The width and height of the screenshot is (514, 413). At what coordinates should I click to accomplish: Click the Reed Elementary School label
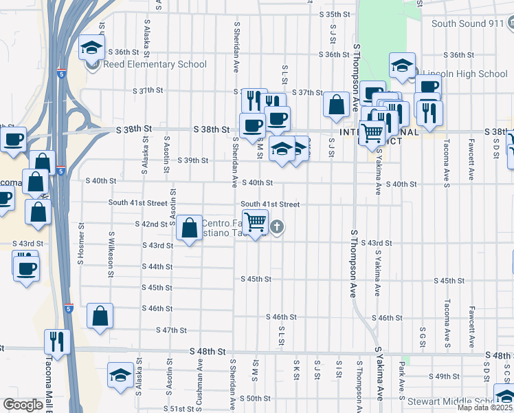pos(155,65)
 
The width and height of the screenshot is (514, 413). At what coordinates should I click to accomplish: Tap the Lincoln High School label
pos(465,74)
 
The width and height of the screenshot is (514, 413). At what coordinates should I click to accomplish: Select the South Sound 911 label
pos(468,23)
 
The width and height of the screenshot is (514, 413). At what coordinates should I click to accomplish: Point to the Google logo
pos(23,405)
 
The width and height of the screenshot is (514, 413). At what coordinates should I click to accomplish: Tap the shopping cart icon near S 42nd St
pos(256,222)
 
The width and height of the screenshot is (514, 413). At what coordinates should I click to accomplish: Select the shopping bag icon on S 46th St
pos(100,317)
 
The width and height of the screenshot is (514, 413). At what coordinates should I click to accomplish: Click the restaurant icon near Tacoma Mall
pos(57,341)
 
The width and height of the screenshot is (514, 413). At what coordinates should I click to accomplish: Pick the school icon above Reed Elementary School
pos(91,47)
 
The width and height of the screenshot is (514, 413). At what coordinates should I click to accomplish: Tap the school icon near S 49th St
pos(120,375)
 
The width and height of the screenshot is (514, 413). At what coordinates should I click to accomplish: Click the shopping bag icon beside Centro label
pos(188,227)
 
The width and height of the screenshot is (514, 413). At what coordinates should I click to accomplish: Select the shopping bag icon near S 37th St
pos(337,105)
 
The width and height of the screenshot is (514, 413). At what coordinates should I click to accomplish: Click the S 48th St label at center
pos(209,351)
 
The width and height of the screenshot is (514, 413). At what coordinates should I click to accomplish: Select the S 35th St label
pos(335,14)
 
